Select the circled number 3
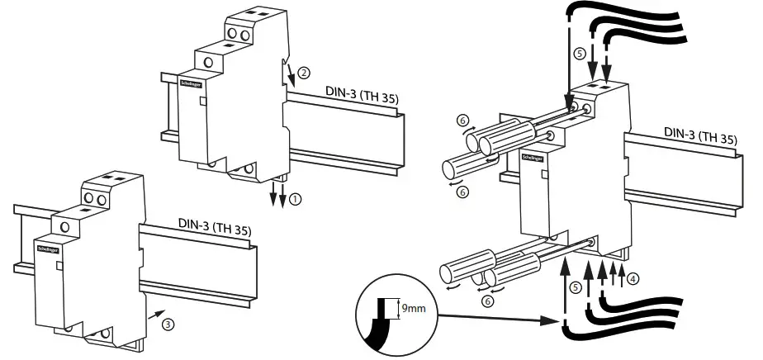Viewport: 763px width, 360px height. point(168,324)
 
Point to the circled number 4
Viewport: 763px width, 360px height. point(633,278)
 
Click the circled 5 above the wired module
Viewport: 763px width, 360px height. point(581,52)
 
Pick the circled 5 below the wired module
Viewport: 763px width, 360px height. point(576,287)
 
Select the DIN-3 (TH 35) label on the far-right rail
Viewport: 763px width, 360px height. point(700,135)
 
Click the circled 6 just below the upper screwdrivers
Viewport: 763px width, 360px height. point(463,192)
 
